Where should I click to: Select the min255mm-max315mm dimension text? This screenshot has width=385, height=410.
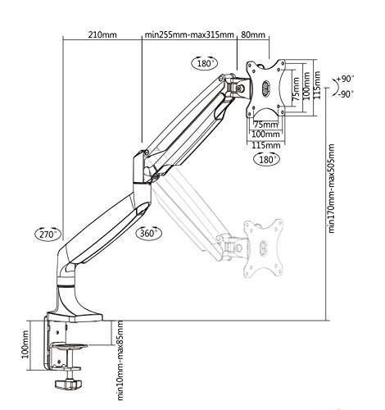[189, 35]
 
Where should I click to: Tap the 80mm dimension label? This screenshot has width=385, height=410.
[253, 35]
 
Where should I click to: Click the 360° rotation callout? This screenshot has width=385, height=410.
[151, 235]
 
